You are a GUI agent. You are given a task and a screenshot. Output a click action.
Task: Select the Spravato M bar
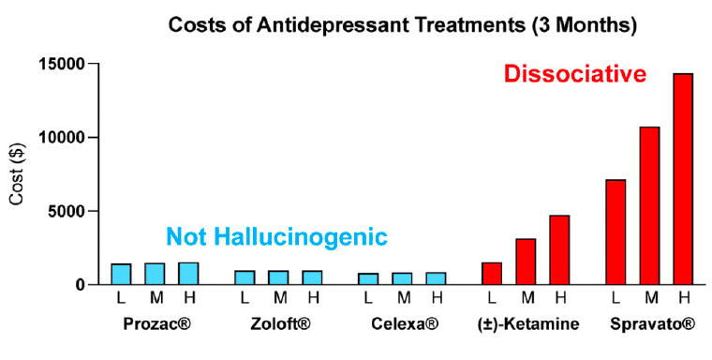click(649, 205)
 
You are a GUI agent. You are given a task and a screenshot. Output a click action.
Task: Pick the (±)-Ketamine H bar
click(559, 249)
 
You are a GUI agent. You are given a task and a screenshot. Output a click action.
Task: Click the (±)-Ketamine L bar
click(492, 273)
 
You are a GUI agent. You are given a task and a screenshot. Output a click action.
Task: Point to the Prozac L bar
click(121, 274)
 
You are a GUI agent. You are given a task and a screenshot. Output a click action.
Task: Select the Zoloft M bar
click(278, 277)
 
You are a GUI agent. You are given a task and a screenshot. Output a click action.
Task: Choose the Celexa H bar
click(436, 278)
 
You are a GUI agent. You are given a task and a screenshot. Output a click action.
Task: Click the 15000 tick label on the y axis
click(61, 64)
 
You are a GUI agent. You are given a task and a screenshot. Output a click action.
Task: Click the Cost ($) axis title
click(18, 174)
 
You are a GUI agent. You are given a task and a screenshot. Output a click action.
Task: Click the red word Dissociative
click(575, 73)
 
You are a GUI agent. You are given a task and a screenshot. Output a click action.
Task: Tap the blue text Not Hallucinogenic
click(276, 238)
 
